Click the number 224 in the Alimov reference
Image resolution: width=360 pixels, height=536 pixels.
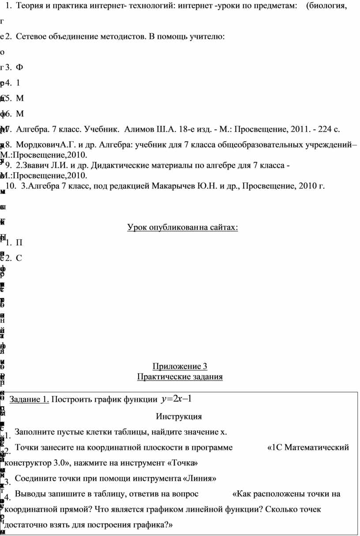pyautogui.click(x=320, y=129)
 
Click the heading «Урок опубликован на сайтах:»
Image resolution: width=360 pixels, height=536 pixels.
pyautogui.click(x=183, y=227)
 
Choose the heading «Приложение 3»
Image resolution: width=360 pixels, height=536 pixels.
pyautogui.click(x=180, y=366)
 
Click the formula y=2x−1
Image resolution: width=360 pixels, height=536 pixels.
pyautogui.click(x=176, y=399)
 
